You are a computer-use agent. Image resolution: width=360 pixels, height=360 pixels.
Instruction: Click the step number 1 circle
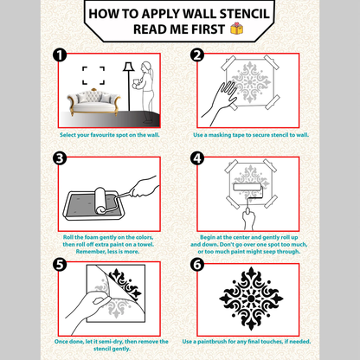59,55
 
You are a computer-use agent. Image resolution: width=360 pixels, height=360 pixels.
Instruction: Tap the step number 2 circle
196,55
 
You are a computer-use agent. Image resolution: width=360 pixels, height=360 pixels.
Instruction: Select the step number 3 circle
59,157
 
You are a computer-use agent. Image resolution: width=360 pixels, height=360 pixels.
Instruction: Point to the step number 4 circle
196,157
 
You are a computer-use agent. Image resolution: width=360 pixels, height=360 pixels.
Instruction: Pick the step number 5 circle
59,263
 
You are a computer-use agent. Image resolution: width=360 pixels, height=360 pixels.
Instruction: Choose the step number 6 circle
196,263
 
